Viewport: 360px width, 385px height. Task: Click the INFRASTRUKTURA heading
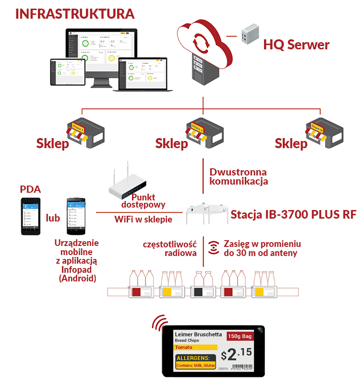pyautogui.click(x=75, y=13)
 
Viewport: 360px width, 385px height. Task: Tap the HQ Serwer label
pyautogui.click(x=296, y=46)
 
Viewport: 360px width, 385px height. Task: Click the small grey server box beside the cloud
pyautogui.click(x=250, y=33)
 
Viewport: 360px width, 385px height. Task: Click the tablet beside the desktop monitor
pyautogui.click(x=68, y=72)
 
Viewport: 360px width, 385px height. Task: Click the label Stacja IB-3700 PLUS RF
pyautogui.click(x=286, y=214)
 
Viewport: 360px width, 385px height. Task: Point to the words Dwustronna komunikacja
pyautogui.click(x=238, y=176)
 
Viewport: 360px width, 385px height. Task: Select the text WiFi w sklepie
pyautogui.click(x=143, y=219)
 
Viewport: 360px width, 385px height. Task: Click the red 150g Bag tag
pyautogui.click(x=240, y=336)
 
